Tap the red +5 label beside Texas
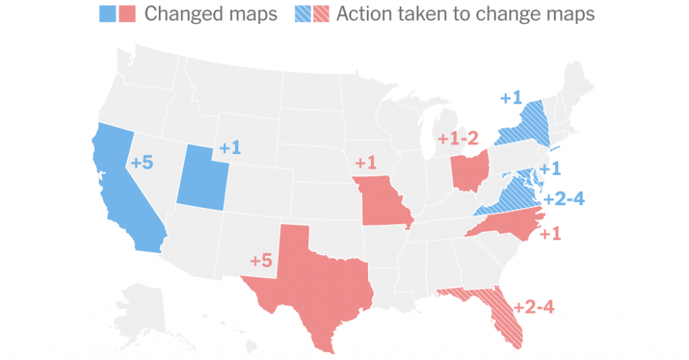click(x=261, y=260)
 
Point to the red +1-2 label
click(x=458, y=139)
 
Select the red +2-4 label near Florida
click(x=534, y=308)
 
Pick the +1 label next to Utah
click(x=229, y=148)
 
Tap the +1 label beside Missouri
click(x=366, y=163)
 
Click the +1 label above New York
click(x=511, y=98)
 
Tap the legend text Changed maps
click(x=211, y=13)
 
